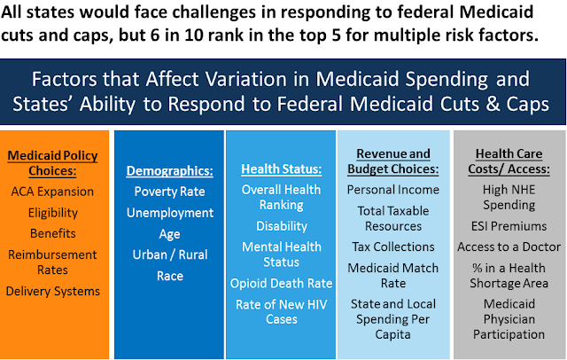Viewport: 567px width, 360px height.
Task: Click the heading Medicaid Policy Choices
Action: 53,162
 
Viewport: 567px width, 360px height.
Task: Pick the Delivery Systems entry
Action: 53,290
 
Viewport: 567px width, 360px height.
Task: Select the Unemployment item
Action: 169,213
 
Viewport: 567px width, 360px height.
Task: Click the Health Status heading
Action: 280,168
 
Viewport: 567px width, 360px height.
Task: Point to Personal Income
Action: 393,190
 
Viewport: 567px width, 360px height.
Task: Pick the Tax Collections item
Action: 393,247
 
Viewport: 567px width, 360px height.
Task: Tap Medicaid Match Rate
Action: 393,275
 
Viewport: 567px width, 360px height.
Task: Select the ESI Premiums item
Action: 509,225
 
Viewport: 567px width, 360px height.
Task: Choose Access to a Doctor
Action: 509,247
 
